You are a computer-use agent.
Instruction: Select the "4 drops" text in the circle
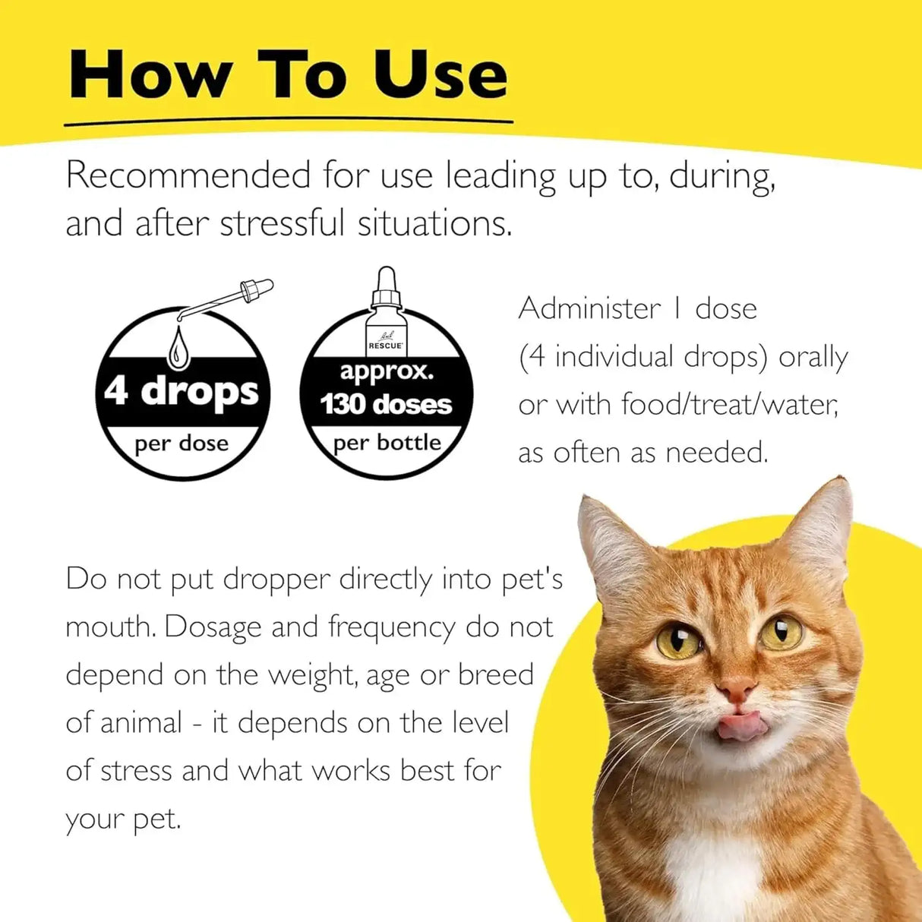click(x=182, y=392)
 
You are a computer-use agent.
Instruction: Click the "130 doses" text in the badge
click(x=386, y=404)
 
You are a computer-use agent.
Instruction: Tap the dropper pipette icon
click(x=228, y=300)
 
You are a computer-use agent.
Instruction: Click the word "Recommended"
click(x=188, y=175)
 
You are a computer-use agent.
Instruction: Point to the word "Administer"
click(x=589, y=308)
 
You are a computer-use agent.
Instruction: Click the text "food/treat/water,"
click(x=729, y=404)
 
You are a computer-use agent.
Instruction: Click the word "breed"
click(x=496, y=675)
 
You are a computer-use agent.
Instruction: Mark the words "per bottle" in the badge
click(x=387, y=443)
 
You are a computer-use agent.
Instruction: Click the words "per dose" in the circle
click(x=182, y=444)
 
